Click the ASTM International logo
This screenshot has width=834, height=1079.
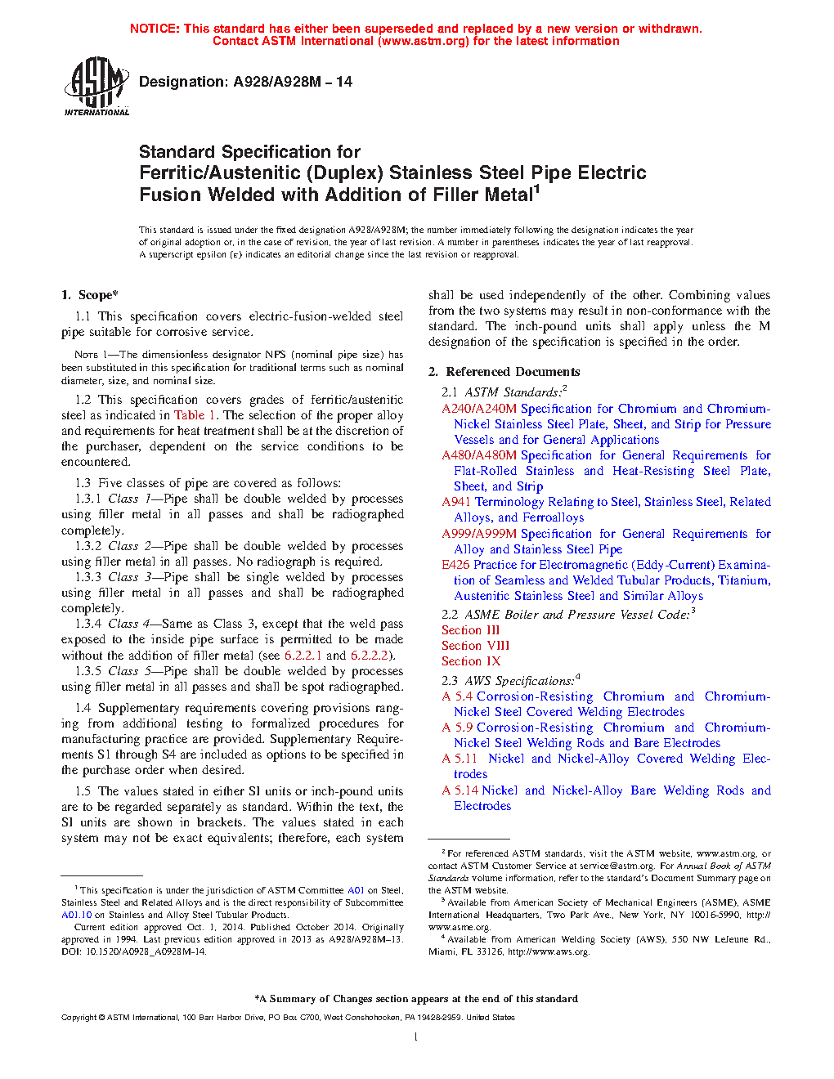(96, 86)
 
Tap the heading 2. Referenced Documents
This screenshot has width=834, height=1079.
(504, 372)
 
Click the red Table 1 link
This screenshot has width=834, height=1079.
(195, 415)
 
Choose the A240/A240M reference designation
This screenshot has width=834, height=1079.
(479, 409)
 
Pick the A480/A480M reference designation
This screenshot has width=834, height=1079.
(479, 455)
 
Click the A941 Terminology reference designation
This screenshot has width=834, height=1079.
(457, 502)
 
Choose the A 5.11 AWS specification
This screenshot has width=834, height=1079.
(460, 759)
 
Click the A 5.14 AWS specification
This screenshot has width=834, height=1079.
(460, 790)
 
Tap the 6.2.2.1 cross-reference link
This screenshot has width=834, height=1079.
(303, 656)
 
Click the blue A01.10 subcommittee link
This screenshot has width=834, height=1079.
(77, 915)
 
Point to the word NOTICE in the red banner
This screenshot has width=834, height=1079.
(155, 29)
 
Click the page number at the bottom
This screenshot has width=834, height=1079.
(416, 1037)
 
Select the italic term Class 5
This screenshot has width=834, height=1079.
(123, 671)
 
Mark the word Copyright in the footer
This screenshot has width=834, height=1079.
(78, 1018)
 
